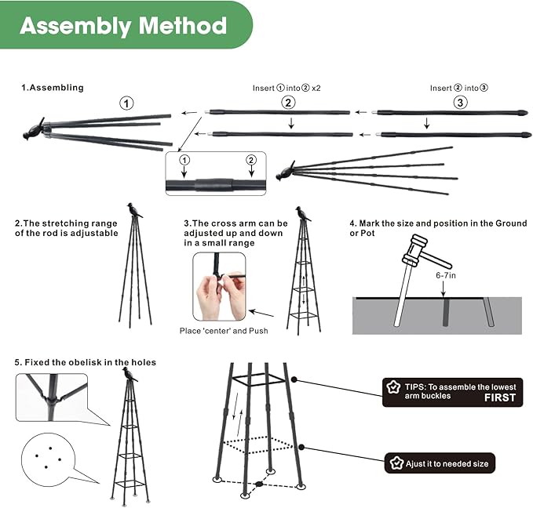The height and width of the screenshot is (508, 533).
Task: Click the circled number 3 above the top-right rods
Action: coord(460,102)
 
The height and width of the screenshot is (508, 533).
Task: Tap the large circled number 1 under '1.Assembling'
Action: coord(127,102)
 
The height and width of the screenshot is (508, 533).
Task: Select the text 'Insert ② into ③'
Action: coord(460,88)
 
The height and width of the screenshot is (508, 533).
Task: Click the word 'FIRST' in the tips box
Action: coord(499,397)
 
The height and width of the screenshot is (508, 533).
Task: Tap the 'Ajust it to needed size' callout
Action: coord(440,464)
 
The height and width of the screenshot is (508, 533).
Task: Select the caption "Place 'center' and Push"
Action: coord(224,331)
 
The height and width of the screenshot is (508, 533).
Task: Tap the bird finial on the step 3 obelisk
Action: coord(302,213)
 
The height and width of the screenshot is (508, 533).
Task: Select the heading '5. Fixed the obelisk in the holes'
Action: coord(85,362)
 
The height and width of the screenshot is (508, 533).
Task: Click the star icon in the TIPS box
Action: coord(394,387)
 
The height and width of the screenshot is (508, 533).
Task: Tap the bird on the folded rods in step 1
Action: coord(35,129)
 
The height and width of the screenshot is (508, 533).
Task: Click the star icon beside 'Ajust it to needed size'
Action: coord(395,464)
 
